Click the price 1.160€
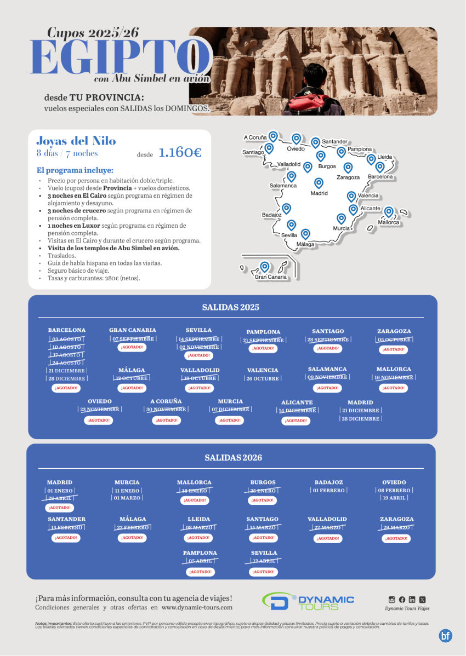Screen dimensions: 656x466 pos(180,153)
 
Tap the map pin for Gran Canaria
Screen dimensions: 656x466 pos(265,267)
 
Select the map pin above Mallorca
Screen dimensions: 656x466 pos(389,212)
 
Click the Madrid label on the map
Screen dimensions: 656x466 pos(319,193)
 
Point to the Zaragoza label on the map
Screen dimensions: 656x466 pos(348,177)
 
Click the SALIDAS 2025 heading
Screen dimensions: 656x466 pos(230,307)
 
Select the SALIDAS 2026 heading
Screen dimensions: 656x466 pos(233,458)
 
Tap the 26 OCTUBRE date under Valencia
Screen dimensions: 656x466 pos(263,378)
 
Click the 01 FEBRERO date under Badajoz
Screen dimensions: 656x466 pos(328,491)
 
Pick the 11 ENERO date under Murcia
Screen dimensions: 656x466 pos(127,491)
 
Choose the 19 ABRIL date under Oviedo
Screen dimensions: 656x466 pos(394,498)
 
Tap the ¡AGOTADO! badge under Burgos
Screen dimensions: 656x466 pos(263,500)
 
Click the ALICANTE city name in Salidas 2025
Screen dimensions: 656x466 pos(297,402)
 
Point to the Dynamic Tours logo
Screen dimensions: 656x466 pos(308,602)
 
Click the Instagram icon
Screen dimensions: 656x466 pos(391,600)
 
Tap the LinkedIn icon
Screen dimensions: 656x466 pos(412,600)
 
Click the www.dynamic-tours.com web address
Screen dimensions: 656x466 pos(197,607)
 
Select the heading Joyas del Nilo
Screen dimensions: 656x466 pos(76,141)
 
